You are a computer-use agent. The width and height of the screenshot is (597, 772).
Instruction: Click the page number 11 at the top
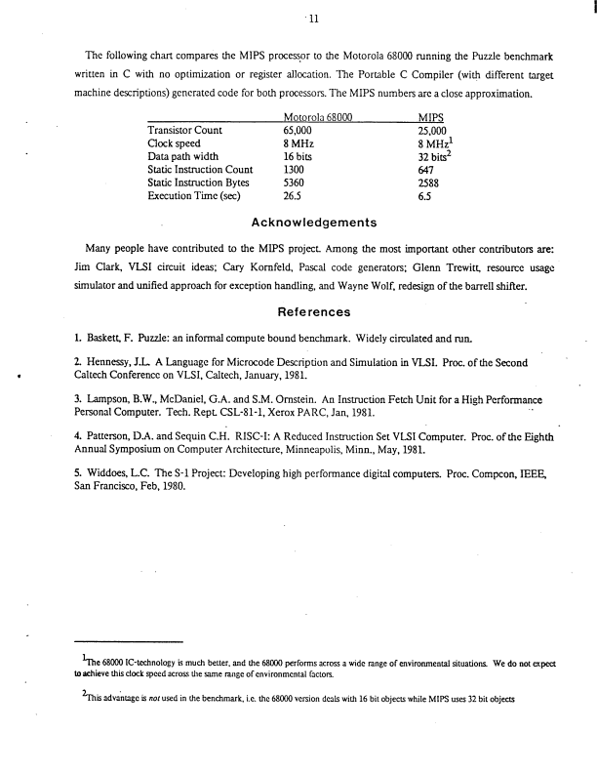[x=299, y=18]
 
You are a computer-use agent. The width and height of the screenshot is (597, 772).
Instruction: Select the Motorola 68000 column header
[x=309, y=117]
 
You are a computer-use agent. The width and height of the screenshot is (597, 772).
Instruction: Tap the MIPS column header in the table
[x=430, y=117]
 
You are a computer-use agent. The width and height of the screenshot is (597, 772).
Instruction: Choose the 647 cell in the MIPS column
[x=426, y=169]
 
